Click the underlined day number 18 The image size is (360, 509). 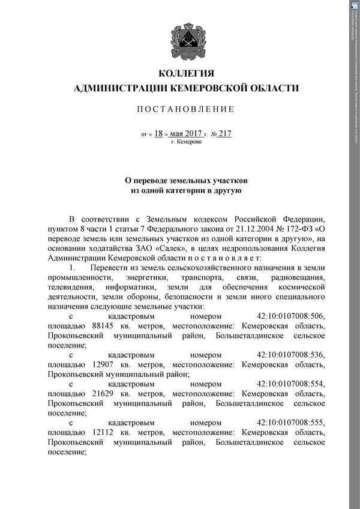158,134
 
